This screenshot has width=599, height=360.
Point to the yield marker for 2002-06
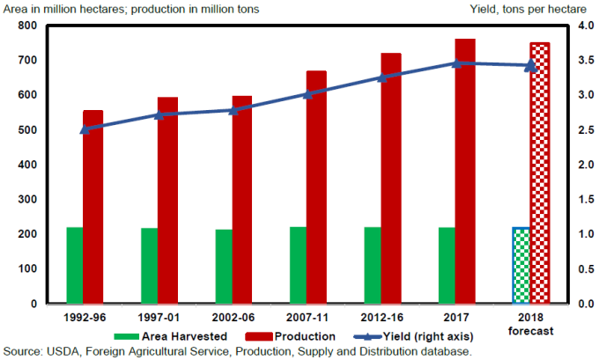233,110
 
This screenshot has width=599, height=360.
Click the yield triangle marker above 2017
456,63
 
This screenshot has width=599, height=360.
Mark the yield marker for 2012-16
381,77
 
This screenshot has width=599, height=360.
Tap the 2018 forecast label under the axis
530,324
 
